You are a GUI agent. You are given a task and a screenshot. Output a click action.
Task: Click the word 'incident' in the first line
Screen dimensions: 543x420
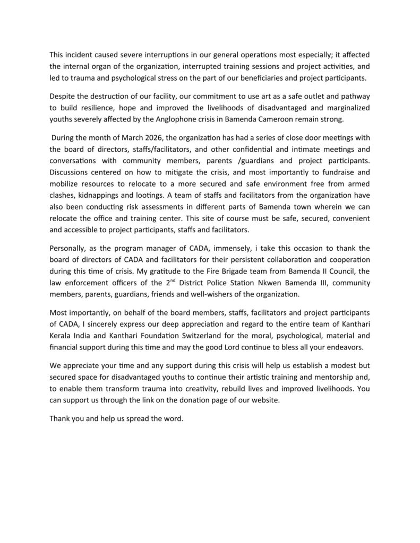click(x=80, y=55)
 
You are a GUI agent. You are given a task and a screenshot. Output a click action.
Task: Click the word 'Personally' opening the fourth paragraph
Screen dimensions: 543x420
click(x=68, y=248)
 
